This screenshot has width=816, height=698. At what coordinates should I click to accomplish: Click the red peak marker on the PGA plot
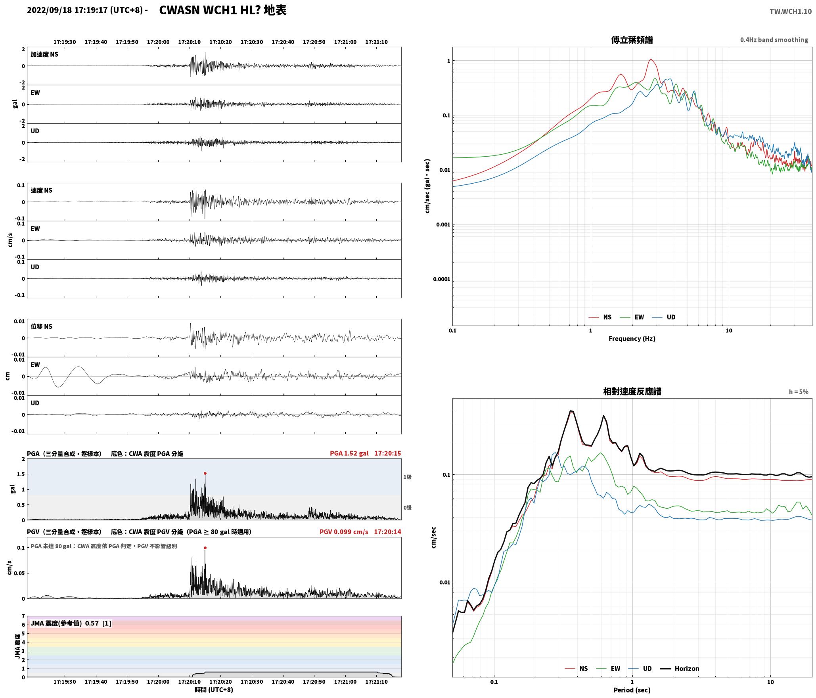(205, 473)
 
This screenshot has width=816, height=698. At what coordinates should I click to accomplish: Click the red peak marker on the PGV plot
(205, 548)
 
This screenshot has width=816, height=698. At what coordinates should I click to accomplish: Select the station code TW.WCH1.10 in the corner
(791, 12)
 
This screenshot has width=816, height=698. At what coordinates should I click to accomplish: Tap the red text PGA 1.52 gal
(349, 453)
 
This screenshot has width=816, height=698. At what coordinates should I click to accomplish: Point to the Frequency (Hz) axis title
(632, 339)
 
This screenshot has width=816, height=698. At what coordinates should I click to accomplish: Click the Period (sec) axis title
(632, 690)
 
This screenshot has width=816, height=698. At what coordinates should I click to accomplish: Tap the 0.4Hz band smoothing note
(774, 40)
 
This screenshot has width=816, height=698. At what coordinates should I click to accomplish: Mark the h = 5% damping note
(799, 392)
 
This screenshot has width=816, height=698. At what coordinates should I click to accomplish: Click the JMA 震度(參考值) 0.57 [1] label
(71, 623)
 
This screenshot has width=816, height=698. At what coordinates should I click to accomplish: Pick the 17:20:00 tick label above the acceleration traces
(158, 42)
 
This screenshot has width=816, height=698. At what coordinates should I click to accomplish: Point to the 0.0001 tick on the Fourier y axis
(441, 279)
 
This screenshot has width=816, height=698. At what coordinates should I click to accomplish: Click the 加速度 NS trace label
(44, 54)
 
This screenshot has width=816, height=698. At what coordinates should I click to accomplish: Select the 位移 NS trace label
(42, 327)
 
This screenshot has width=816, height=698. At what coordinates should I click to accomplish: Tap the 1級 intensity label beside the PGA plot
(407, 477)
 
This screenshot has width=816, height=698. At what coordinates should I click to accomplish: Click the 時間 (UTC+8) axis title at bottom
(214, 690)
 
